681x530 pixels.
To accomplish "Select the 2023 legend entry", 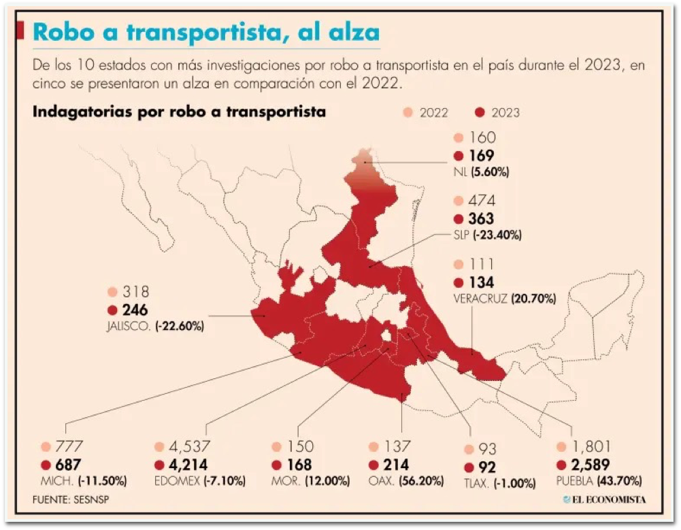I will (x=497, y=112).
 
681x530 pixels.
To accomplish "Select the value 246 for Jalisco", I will (x=135, y=310).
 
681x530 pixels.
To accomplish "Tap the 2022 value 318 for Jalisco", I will (x=135, y=293).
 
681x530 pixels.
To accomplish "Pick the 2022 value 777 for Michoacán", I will (x=70, y=447).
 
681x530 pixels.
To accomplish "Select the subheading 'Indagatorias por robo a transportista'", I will (x=179, y=112).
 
